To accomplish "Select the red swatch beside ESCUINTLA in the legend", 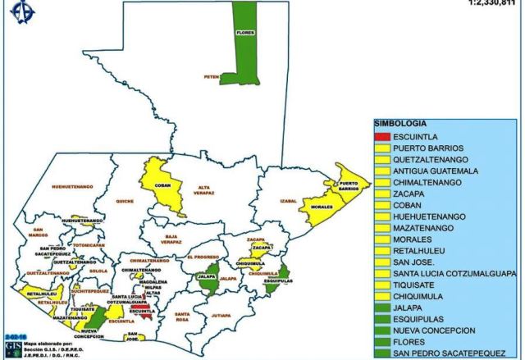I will point(381,136).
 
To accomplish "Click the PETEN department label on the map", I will point(212,77).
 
